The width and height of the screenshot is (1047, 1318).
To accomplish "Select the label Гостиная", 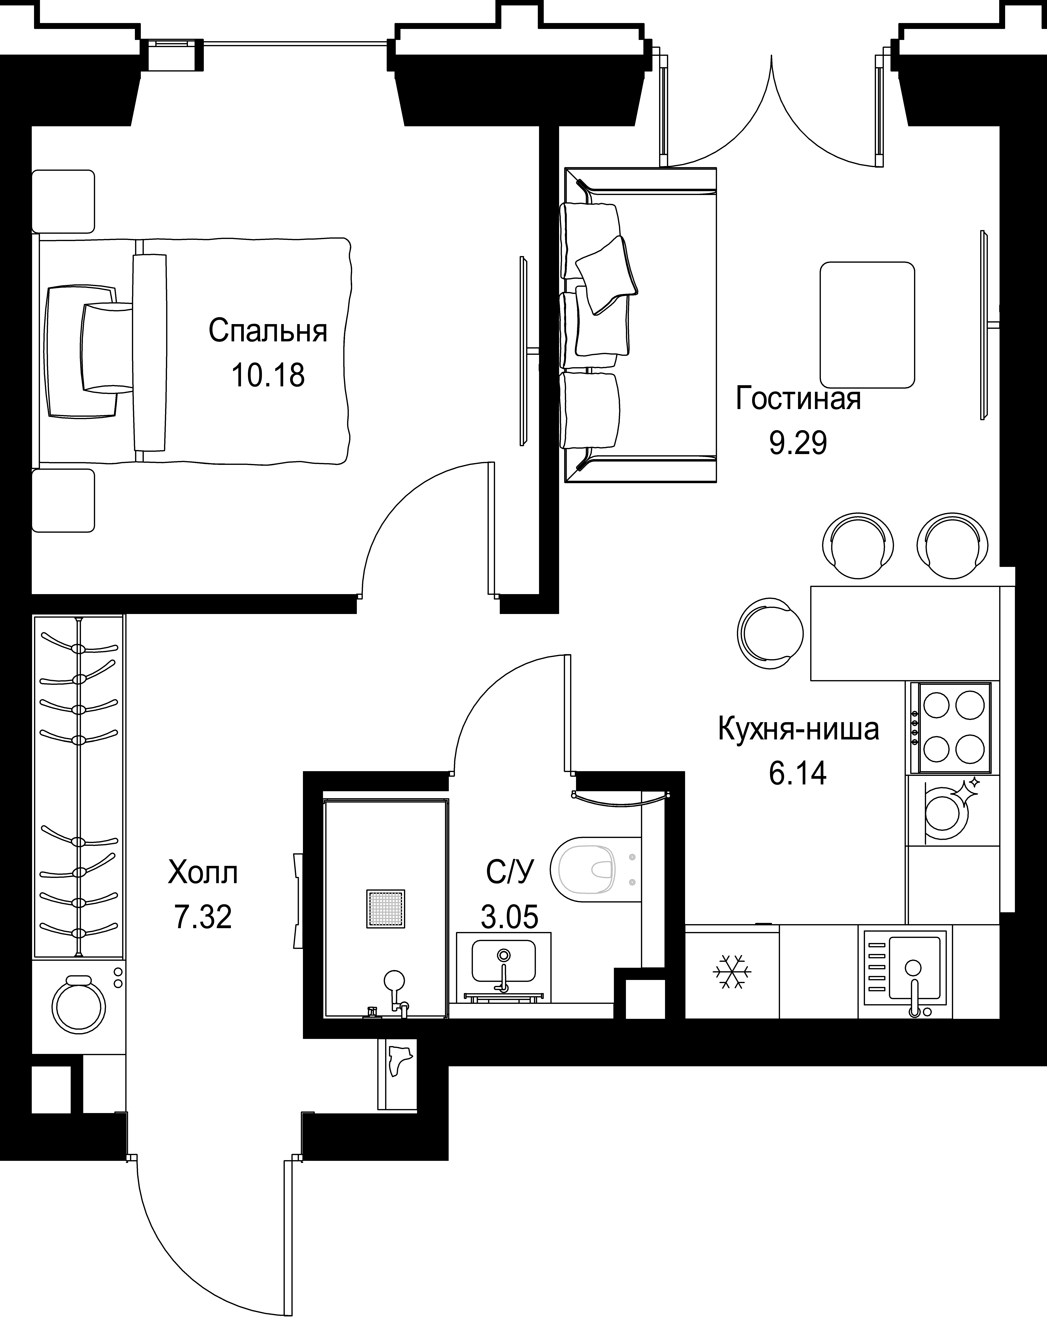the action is (798, 399).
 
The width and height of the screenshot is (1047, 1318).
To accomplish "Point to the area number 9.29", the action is (798, 443).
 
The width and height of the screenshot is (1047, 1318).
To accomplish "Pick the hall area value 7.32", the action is (203, 917).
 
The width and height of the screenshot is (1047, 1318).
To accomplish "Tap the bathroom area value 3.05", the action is (509, 917).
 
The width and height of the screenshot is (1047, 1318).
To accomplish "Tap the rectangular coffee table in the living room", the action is (867, 325).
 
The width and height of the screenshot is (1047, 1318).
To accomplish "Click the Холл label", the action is (203, 873).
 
